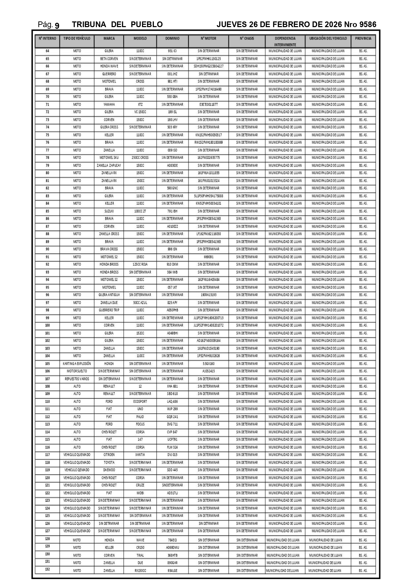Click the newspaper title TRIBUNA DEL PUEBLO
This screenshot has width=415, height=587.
117,24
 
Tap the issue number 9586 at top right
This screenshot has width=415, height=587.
368,24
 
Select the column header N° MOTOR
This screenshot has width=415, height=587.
208,38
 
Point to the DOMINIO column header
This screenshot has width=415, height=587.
172,38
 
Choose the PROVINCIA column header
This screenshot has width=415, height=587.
363,38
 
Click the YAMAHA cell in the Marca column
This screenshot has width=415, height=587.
109,104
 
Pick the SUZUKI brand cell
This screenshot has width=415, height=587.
109,211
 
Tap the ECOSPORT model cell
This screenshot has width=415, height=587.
140,402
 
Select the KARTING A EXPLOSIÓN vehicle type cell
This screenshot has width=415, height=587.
77,363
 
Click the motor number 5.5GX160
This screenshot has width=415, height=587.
208,363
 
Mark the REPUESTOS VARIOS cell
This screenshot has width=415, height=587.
77,379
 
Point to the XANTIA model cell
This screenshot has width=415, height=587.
140,455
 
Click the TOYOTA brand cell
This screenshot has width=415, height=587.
109,463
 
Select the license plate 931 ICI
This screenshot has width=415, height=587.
172,51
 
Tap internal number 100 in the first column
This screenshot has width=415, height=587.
47,325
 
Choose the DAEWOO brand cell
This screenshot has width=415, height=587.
109,470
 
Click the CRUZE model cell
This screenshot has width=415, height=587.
140,485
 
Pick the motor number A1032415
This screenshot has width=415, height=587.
208,371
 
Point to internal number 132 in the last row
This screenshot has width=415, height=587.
47,569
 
